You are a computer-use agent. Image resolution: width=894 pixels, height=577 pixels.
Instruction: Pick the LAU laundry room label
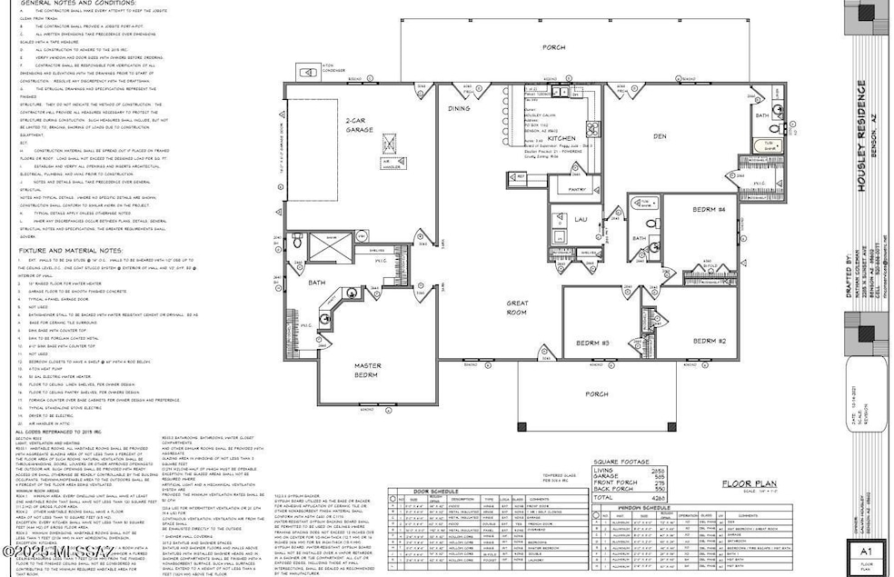coord(581,220)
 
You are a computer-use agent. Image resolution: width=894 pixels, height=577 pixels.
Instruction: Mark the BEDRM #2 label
coord(710,341)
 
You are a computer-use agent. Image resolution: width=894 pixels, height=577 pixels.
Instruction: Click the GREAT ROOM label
coord(518,306)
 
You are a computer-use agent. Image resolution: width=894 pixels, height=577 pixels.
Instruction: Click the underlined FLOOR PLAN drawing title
coord(748,484)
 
